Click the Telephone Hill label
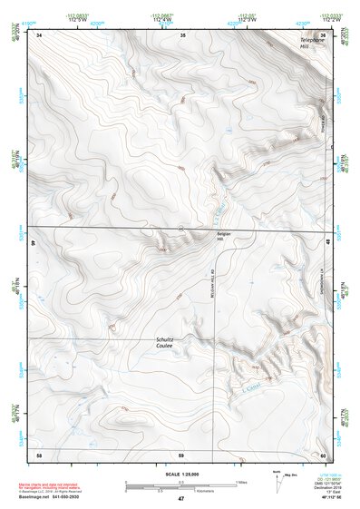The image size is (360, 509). click(x=313, y=41)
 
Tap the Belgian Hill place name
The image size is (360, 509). click(x=225, y=235)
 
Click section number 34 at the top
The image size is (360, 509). click(x=40, y=34)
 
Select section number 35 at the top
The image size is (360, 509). click(x=182, y=34)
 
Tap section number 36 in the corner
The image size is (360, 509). click(x=323, y=34)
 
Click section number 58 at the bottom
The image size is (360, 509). click(x=40, y=454)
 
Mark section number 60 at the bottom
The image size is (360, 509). click(x=323, y=454)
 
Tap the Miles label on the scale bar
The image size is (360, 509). click(x=240, y=482)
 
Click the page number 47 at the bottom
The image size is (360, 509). click(x=180, y=499)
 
